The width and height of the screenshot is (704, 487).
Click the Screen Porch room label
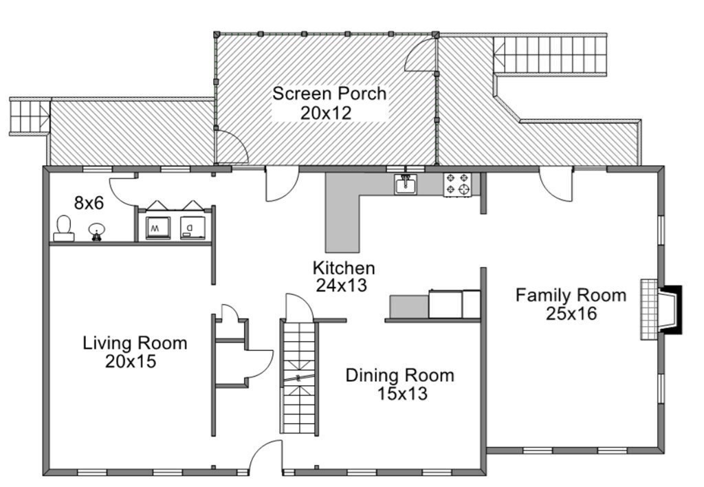coord(329,94)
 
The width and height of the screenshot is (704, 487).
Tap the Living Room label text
coord(135,343)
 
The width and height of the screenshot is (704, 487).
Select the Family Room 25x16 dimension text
coord(571,314)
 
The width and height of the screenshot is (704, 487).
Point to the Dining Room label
coord(399,375)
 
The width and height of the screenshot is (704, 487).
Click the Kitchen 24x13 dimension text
coord(341,285)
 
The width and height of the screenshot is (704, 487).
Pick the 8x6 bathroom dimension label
coord(89,203)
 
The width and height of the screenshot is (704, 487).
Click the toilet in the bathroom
coord(64,228)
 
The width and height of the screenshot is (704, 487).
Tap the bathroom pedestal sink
coord(96,231)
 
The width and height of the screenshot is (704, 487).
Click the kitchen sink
coord(406,184)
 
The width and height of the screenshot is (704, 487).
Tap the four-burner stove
coord(457,184)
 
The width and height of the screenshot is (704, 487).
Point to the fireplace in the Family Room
coord(661,310)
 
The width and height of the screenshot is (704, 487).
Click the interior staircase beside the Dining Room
coord(299,378)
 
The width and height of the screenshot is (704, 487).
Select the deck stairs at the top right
coord(550,54)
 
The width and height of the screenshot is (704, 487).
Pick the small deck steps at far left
coord(29,116)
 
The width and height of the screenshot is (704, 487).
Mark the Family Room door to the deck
coord(555,184)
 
